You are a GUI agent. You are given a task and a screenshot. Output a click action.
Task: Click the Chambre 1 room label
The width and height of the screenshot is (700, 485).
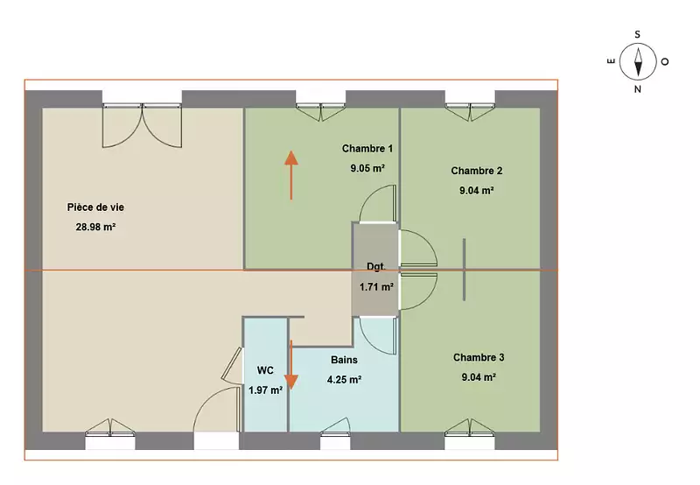pyautogui.click(x=367, y=148)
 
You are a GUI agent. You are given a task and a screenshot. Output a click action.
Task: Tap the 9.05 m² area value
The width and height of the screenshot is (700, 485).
pyautogui.click(x=367, y=168)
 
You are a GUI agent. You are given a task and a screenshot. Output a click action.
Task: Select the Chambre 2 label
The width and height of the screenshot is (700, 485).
pyautogui.click(x=476, y=171)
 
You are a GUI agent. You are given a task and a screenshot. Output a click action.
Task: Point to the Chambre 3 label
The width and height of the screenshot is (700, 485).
pyautogui.click(x=479, y=357)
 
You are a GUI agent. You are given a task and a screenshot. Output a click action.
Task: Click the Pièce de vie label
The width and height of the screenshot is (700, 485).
pyautogui.click(x=95, y=207)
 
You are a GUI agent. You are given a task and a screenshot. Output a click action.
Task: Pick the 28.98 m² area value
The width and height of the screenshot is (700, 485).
pyautogui.click(x=95, y=227)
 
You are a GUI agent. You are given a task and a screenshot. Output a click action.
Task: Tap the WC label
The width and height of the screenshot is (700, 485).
pyautogui.click(x=265, y=370)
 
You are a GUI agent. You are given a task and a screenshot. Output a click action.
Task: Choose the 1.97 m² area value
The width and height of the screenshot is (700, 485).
pyautogui.click(x=265, y=390)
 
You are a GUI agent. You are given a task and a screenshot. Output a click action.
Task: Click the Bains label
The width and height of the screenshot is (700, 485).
pyautogui.click(x=344, y=360)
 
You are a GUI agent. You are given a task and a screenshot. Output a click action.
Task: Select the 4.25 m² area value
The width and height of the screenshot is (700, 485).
pyautogui.click(x=344, y=380)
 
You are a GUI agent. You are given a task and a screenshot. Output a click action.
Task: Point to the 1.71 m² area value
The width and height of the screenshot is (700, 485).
pyautogui.click(x=376, y=287)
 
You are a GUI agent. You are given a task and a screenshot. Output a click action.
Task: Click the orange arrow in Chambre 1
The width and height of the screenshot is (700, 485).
pyautogui.click(x=291, y=174)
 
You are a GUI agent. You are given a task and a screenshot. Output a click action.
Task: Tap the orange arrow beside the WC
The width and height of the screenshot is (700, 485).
pyautogui.click(x=291, y=365)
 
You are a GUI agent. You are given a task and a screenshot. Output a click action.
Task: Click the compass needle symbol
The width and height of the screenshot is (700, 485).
pyautogui.click(x=638, y=61)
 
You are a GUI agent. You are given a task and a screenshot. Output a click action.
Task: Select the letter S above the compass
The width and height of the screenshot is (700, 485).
pyautogui.click(x=638, y=34)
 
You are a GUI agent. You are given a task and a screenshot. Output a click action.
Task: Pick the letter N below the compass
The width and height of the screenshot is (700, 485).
pyautogui.click(x=638, y=89)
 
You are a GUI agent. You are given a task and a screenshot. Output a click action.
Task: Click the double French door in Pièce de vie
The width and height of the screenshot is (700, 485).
pyautogui.click(x=142, y=125)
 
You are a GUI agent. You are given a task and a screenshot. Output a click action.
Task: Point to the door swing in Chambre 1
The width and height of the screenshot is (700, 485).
pyautogui.click(x=378, y=204)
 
